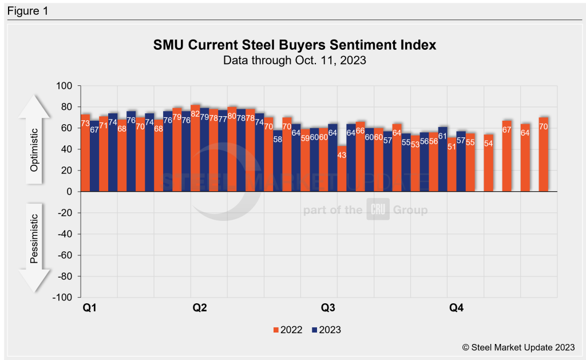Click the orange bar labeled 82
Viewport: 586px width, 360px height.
pos(195,149)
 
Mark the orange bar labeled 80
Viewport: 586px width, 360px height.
pos(232,149)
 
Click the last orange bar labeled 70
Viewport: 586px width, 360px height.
pos(543,155)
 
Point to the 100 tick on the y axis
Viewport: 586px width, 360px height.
pos(64,86)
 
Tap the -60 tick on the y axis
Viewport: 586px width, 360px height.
pos(63,255)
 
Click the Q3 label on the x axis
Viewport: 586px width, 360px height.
pos(327,308)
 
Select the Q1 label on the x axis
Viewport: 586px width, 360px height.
pos(89,308)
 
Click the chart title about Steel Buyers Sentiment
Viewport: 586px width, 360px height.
pos(295,45)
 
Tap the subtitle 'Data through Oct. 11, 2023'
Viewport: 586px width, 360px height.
pos(295,60)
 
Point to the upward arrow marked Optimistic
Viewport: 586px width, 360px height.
pos(34,140)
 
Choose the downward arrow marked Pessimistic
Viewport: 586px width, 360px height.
pos(34,246)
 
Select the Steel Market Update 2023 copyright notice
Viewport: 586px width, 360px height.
pos(518,347)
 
